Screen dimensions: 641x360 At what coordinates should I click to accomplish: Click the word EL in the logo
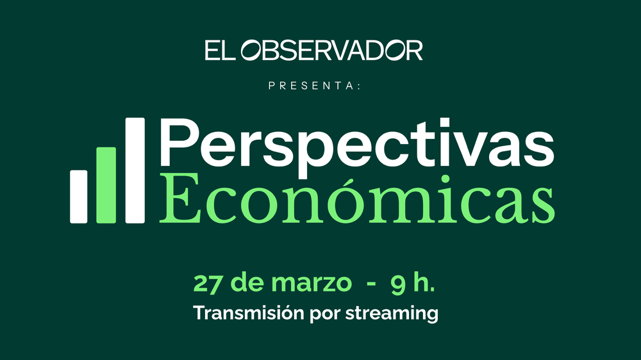220,50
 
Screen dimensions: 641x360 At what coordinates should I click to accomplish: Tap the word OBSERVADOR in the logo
331,50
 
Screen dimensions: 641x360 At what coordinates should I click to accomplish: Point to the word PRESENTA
312,85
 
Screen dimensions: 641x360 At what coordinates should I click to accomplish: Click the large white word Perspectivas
357,148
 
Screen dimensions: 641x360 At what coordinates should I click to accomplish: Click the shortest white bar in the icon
78,197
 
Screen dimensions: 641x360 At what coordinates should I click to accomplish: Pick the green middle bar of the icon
106,185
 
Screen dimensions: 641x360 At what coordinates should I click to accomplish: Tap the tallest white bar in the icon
135,170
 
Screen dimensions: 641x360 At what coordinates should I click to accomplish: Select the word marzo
312,282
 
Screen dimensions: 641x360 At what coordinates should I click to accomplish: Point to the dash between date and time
371,284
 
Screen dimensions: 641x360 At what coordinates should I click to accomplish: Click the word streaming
392,314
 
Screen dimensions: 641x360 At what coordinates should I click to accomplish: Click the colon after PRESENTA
359,86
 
